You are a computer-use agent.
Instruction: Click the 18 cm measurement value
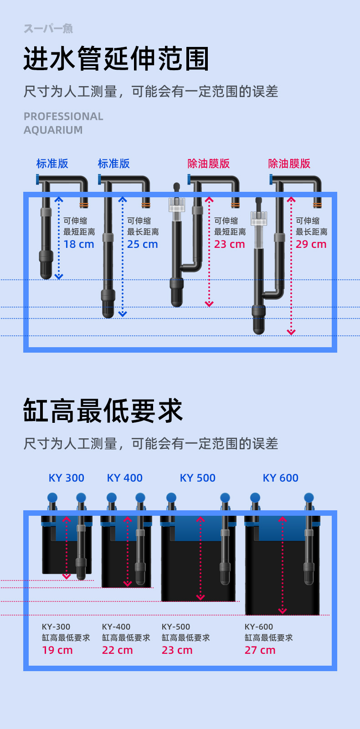(79, 244)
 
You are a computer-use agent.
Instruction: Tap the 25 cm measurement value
(143, 244)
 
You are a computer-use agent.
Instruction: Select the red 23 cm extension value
(230, 244)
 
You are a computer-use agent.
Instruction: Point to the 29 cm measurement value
(311, 244)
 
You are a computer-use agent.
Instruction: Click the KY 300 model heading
(67, 478)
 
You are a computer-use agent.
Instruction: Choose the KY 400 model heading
(125, 478)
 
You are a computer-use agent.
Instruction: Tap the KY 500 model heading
(198, 478)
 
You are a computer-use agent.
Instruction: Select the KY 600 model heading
(281, 478)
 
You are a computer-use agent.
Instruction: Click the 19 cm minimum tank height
(57, 650)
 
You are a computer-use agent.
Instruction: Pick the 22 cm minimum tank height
(118, 650)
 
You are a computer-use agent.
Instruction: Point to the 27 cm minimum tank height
(260, 650)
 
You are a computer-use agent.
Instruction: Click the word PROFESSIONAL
(63, 116)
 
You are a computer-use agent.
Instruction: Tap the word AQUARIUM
(53, 130)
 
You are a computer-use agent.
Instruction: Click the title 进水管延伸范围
(116, 59)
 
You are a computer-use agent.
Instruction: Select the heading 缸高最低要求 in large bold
(103, 411)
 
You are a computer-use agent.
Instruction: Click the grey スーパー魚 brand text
(48, 29)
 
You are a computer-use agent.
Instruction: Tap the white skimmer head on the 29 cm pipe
(259, 218)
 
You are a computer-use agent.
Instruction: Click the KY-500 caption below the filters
(176, 627)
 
